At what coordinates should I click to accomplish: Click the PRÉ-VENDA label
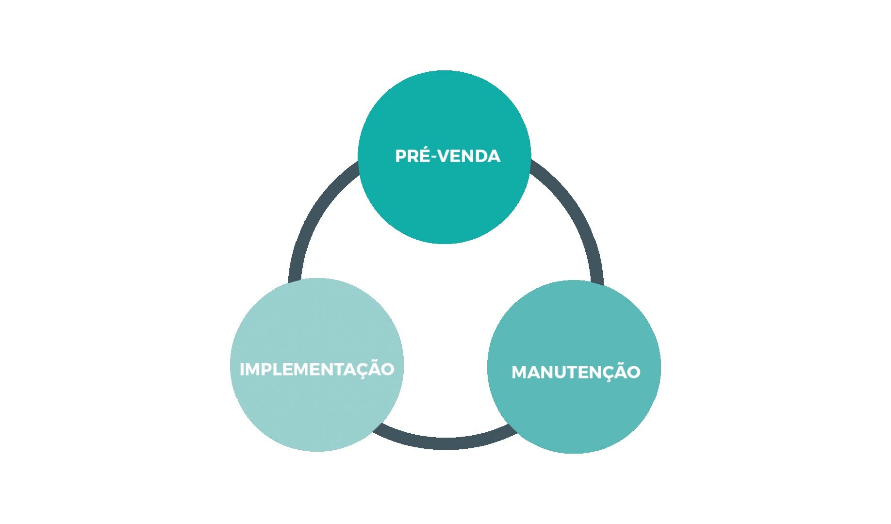pos(447,156)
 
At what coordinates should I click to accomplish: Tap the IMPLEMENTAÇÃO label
pos(317,369)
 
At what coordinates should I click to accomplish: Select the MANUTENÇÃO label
pos(576,372)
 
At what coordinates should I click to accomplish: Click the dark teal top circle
pos(445,157)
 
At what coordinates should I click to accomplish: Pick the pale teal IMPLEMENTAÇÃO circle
pos(317,365)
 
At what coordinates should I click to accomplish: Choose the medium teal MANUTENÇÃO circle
pos(574,367)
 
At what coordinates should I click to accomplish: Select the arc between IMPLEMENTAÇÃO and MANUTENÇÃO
pos(444,442)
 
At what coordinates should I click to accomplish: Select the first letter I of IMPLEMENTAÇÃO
pos(242,369)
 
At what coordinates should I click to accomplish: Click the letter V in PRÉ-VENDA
pos(450,156)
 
